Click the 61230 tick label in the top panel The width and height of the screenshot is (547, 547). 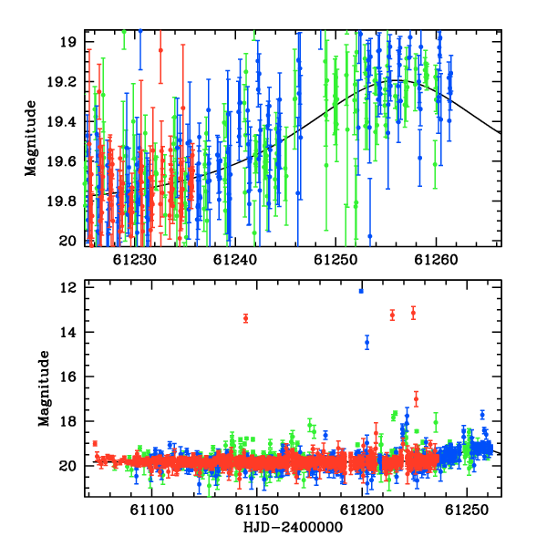pyautogui.click(x=135, y=260)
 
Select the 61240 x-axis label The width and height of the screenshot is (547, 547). pyautogui.click(x=235, y=260)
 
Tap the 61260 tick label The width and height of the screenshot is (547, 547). pyautogui.click(x=436, y=260)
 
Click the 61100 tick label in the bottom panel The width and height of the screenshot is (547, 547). pyautogui.click(x=151, y=510)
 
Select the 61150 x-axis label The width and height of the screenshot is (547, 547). pyautogui.click(x=257, y=510)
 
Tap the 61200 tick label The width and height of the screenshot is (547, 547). pyautogui.click(x=362, y=510)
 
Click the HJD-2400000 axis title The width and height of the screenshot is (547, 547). pyautogui.click(x=293, y=527)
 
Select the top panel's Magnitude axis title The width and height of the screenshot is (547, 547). pyautogui.click(x=31, y=139)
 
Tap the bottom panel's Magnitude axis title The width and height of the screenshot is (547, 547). pyautogui.click(x=44, y=388)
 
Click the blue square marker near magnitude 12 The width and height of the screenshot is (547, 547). pyautogui.click(x=361, y=291)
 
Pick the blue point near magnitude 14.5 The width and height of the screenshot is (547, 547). pyautogui.click(x=367, y=343)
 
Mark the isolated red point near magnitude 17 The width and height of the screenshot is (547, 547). pyautogui.click(x=417, y=398)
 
